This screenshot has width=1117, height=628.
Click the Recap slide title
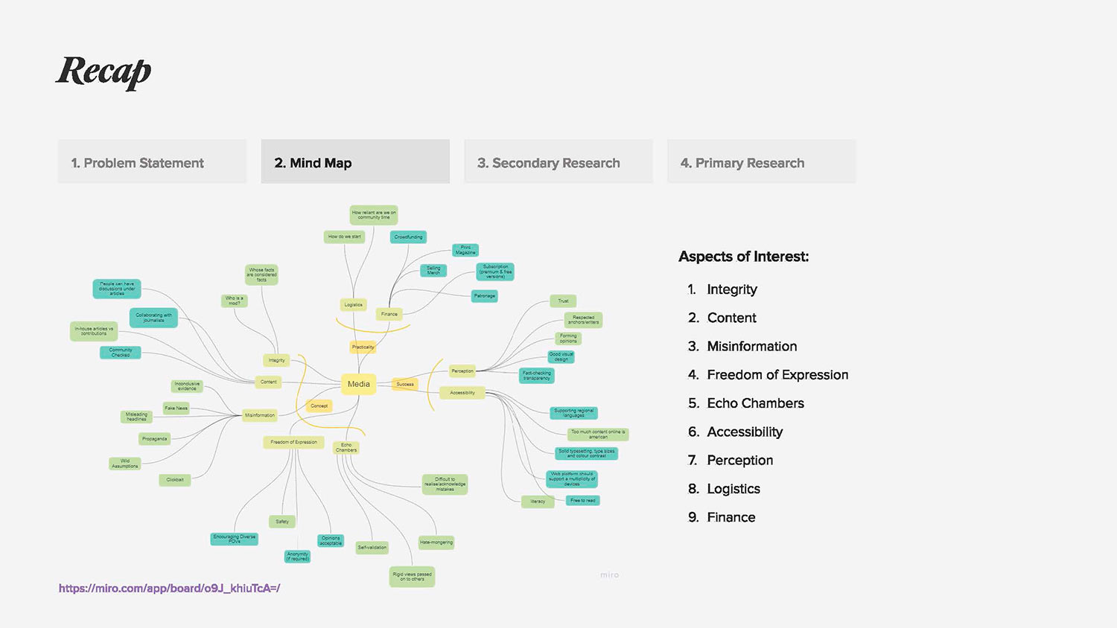pyautogui.click(x=104, y=72)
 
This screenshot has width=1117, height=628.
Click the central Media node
pyautogui.click(x=358, y=384)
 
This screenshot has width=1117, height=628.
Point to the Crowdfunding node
pyautogui.click(x=408, y=237)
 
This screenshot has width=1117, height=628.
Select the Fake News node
pyautogui.click(x=176, y=408)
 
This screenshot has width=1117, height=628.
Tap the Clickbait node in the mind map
pyautogui.click(x=175, y=480)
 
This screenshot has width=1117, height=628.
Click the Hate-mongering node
pyautogui.click(x=436, y=542)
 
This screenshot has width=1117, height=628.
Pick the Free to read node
pyautogui.click(x=583, y=501)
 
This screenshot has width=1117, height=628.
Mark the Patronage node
pyautogui.click(x=484, y=296)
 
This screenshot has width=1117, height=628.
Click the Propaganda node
pyautogui.click(x=154, y=439)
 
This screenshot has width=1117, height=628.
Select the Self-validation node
pyautogui.click(x=372, y=548)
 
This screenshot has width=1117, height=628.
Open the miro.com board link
pyautogui.click(x=169, y=589)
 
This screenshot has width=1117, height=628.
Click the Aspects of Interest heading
pyautogui.click(x=743, y=257)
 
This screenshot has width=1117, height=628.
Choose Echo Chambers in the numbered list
pyautogui.click(x=755, y=403)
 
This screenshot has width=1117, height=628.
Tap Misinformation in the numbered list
pyautogui.click(x=751, y=346)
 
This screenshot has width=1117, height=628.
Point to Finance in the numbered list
pyautogui.click(x=731, y=517)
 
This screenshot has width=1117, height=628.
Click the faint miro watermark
pyautogui.click(x=609, y=575)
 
